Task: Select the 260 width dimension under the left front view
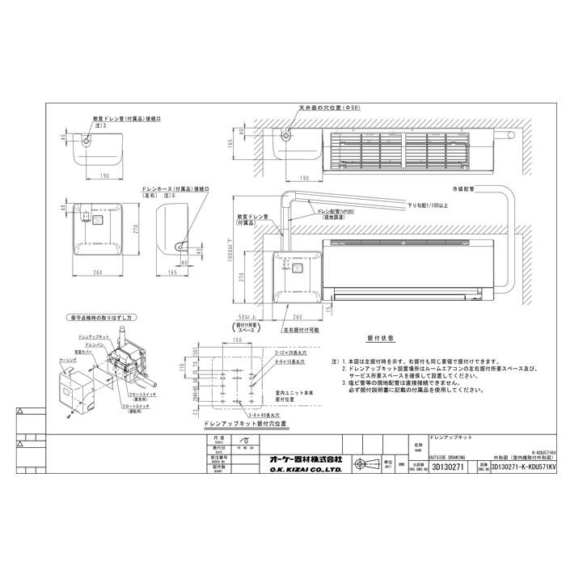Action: (96, 272)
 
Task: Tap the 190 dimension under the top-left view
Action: (100, 175)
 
